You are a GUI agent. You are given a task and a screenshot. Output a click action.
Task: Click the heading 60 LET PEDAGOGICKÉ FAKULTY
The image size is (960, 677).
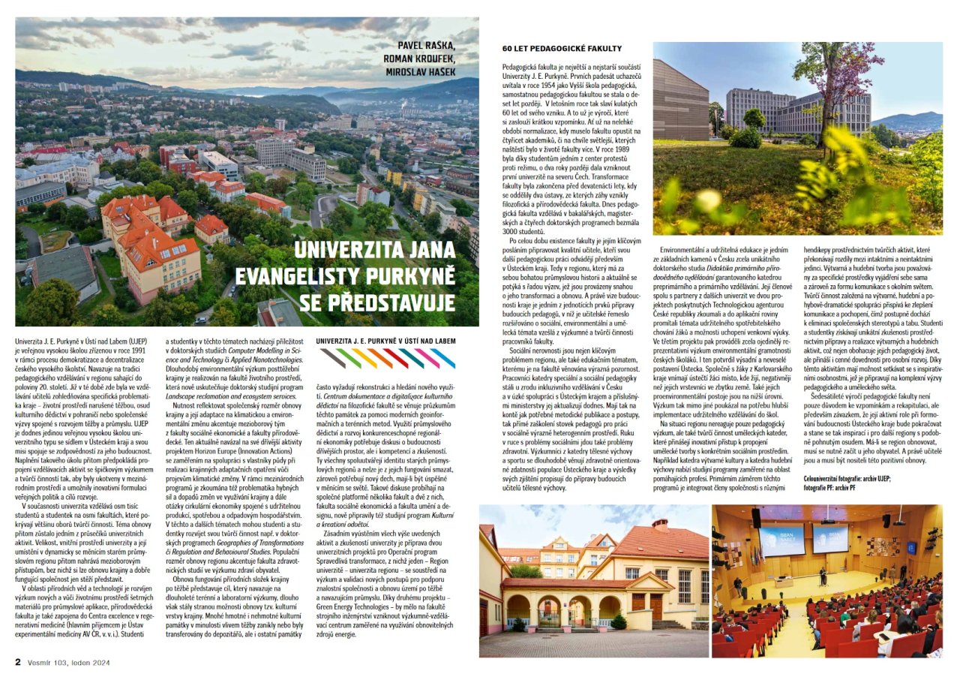[x=551, y=49]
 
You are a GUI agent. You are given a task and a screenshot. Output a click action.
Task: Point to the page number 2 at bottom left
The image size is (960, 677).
[x=18, y=662]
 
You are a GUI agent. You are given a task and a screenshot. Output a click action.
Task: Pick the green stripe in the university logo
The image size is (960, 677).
[x=349, y=358]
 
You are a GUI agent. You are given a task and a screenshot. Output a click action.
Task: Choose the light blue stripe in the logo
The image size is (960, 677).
[x=443, y=358]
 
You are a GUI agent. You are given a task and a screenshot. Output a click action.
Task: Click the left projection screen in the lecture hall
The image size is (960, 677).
[x=781, y=540]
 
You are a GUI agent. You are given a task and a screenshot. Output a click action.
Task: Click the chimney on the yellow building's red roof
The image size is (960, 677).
[x=661, y=523]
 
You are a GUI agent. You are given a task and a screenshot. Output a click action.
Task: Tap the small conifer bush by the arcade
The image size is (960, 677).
[x=619, y=621]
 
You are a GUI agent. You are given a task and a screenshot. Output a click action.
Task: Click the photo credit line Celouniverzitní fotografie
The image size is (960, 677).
[x=847, y=477]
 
